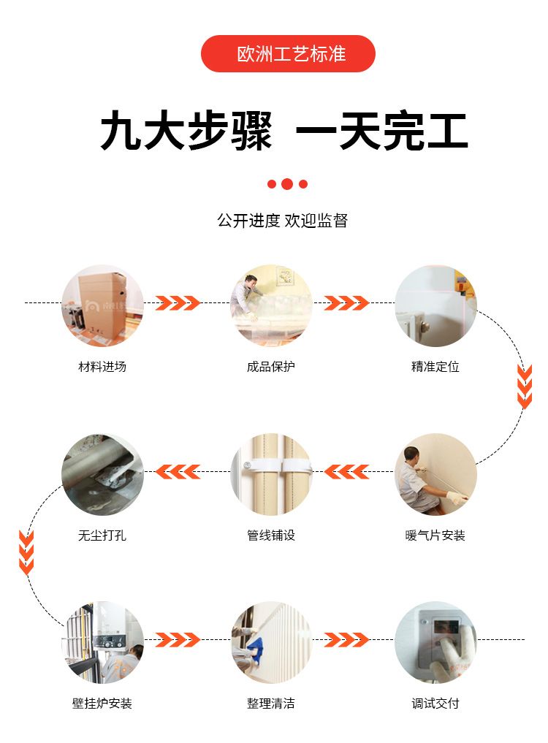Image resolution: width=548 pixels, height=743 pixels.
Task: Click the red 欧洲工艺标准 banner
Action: (288, 53)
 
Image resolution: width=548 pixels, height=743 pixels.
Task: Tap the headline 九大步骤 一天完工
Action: (284, 131)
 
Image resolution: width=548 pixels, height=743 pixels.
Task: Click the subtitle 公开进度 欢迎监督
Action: (283, 221)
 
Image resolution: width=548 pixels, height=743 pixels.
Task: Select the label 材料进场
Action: (102, 366)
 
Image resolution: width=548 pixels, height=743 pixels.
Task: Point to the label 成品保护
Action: (270, 366)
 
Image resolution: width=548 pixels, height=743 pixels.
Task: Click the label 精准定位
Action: (435, 366)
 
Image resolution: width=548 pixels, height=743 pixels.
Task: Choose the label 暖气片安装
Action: (435, 536)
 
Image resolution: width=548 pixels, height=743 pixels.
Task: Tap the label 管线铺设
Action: (270, 536)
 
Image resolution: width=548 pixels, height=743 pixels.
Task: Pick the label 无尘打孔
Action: (102, 536)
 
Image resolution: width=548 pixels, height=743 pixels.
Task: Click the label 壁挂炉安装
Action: (102, 704)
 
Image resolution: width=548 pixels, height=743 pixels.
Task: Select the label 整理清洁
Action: (270, 704)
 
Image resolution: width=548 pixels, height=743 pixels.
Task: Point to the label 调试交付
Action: (435, 704)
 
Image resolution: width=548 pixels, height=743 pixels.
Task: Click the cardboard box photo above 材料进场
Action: (102, 305)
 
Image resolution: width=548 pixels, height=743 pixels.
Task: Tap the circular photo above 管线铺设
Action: (271, 474)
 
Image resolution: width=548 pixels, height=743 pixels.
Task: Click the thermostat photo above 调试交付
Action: (435, 642)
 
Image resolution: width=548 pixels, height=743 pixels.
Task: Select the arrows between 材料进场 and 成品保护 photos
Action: (178, 302)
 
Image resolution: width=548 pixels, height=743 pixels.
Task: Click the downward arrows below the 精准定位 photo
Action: (525, 386)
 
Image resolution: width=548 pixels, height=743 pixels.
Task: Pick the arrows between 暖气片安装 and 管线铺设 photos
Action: (346, 472)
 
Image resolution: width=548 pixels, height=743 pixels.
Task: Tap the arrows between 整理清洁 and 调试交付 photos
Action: (346, 640)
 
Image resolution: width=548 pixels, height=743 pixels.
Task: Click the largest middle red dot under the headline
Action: (287, 184)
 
